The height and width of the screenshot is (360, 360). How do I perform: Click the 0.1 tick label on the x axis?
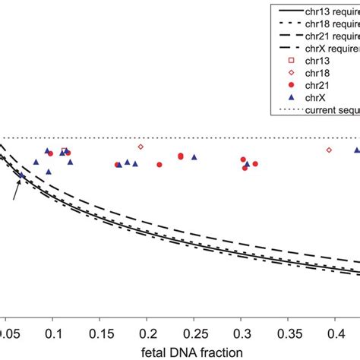click(x=54, y=333)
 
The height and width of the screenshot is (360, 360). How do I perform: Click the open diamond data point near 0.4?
click(x=329, y=150)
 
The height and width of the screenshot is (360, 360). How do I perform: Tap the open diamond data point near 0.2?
click(x=141, y=147)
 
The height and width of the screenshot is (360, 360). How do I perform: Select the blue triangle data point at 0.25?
click(x=194, y=157)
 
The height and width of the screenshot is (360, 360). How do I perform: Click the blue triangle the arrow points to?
click(x=22, y=175)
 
